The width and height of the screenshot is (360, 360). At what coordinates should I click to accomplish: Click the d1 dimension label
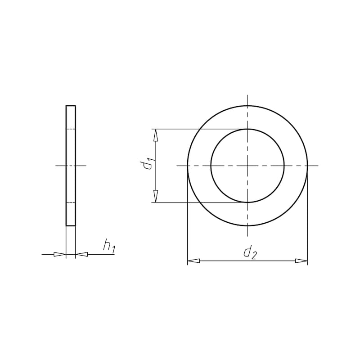point(149,165)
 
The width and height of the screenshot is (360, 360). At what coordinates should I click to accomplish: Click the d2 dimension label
point(250,252)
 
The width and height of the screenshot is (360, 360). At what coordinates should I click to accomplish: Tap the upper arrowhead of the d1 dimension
point(156,135)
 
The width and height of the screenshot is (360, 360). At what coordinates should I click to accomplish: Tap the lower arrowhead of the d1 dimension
point(156,197)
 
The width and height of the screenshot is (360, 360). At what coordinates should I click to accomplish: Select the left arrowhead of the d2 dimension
point(193,261)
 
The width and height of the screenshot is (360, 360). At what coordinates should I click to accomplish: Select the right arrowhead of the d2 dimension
point(301,261)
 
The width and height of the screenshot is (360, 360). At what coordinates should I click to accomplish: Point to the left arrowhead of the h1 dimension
point(60,254)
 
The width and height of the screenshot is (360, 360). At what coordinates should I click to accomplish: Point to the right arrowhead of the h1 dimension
point(81,254)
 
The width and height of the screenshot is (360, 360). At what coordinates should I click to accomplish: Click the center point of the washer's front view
point(247,166)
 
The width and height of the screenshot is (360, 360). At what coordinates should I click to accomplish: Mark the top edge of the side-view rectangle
point(71,106)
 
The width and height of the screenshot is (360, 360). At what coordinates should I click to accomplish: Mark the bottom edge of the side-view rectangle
point(71,225)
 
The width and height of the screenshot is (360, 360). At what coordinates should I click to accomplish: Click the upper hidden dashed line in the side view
point(71,129)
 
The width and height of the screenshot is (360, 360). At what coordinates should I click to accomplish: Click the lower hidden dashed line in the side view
point(71,202)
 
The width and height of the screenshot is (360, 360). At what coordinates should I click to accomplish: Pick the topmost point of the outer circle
point(247,106)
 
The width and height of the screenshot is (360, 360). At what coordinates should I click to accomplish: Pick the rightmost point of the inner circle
point(284,166)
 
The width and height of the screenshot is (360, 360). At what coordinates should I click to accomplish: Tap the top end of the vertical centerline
point(247,95)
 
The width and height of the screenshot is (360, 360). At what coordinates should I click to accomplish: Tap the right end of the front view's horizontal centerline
point(318,166)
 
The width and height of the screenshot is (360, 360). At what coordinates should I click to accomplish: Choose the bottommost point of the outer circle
point(247,225)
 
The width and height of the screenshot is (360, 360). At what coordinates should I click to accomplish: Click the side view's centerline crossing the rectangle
point(71,166)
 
